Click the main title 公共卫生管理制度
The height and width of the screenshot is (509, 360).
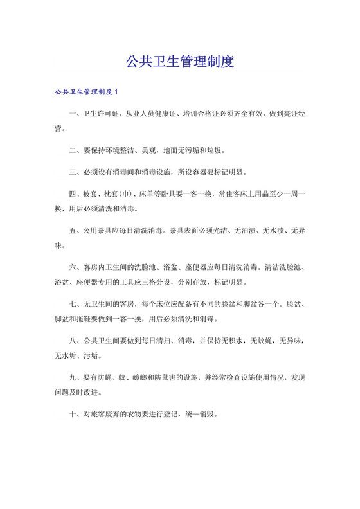(179, 62)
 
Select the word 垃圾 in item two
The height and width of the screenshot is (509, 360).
(215, 150)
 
